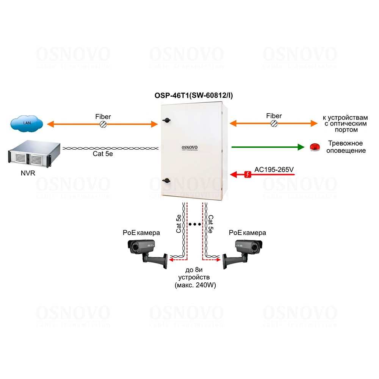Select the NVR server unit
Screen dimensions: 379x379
tap(31, 155)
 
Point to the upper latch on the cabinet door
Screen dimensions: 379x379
tap(166, 120)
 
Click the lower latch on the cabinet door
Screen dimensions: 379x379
tap(166, 181)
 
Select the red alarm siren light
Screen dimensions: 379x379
tap(315, 147)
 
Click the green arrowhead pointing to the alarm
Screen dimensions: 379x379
tap(301, 147)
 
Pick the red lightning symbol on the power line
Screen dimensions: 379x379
tap(247, 174)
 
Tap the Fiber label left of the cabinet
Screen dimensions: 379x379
tap(103, 116)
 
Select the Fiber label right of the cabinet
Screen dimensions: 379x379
tap(274, 116)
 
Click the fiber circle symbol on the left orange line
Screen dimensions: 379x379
tap(102, 124)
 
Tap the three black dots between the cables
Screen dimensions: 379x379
tap(195, 224)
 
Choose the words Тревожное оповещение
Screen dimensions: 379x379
tap(345, 147)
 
